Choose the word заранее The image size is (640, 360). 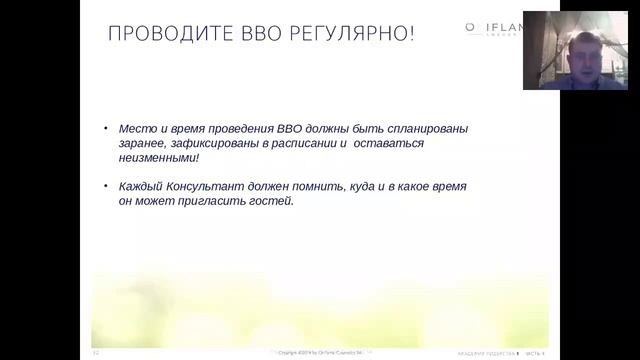pos(142,143)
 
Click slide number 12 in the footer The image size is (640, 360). pos(95,353)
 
